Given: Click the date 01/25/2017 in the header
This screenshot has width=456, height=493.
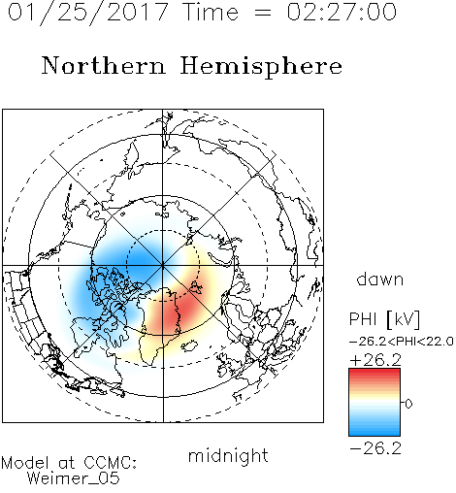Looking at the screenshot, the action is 87,13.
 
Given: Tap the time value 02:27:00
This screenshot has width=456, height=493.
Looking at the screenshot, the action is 342,12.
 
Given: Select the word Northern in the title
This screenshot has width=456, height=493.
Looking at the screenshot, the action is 104,65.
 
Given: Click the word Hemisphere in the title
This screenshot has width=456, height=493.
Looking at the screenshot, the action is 261,67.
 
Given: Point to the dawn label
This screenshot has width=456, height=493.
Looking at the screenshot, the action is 379,279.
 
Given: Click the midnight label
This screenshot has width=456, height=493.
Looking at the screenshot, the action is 228,456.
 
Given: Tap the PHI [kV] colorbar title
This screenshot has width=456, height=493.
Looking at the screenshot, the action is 384,319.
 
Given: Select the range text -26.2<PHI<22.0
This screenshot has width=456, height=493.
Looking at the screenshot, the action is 401,342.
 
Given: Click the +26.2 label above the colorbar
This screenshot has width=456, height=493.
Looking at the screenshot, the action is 375,360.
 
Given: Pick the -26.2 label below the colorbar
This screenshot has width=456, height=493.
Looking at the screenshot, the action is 375,448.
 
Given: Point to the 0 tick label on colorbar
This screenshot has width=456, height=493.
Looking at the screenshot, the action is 408,404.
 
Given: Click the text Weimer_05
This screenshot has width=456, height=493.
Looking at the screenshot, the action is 74,478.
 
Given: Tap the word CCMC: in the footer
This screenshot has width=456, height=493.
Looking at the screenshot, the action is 111,463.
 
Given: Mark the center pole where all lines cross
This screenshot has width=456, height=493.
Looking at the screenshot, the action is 163,265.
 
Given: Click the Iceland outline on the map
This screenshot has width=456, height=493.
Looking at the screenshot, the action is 189,345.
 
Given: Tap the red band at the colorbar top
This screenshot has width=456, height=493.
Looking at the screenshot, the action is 375,373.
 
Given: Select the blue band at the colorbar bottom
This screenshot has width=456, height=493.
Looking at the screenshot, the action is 375,431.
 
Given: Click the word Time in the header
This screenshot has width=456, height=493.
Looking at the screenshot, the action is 211,13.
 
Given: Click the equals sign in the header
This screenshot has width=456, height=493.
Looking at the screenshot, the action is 263,13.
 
